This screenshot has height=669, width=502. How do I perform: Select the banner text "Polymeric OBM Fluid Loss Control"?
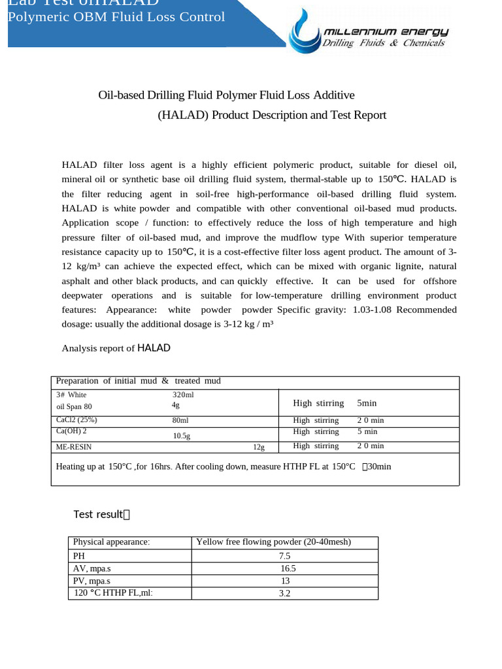tap(116, 17)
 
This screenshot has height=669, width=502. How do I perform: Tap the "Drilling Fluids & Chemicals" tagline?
tap(384, 43)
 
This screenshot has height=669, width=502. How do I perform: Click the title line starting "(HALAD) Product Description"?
tap(272, 115)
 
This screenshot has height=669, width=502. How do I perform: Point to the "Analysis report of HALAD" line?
tap(116, 348)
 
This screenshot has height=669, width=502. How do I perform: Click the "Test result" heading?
tap(102, 514)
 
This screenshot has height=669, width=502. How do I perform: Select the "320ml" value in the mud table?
tap(183, 395)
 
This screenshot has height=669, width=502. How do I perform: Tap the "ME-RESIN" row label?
tap(74, 447)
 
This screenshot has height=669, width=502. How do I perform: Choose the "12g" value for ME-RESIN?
tap(259, 447)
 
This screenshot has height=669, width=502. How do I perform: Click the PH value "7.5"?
tap(284, 556)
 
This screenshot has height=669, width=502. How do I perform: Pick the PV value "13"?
tap(285, 581)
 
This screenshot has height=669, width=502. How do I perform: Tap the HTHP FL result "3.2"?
tap(284, 593)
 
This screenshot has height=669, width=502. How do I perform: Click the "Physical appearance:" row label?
tap(111, 542)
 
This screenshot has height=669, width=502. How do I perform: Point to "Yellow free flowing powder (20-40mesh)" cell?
tap(273, 542)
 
